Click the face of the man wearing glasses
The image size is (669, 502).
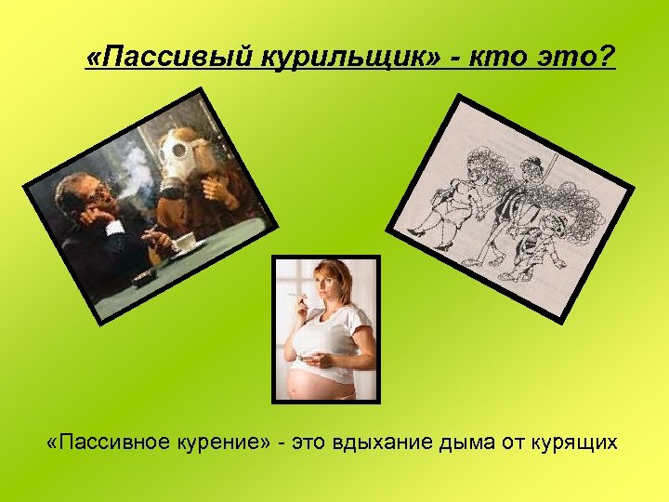coord(89,196)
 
